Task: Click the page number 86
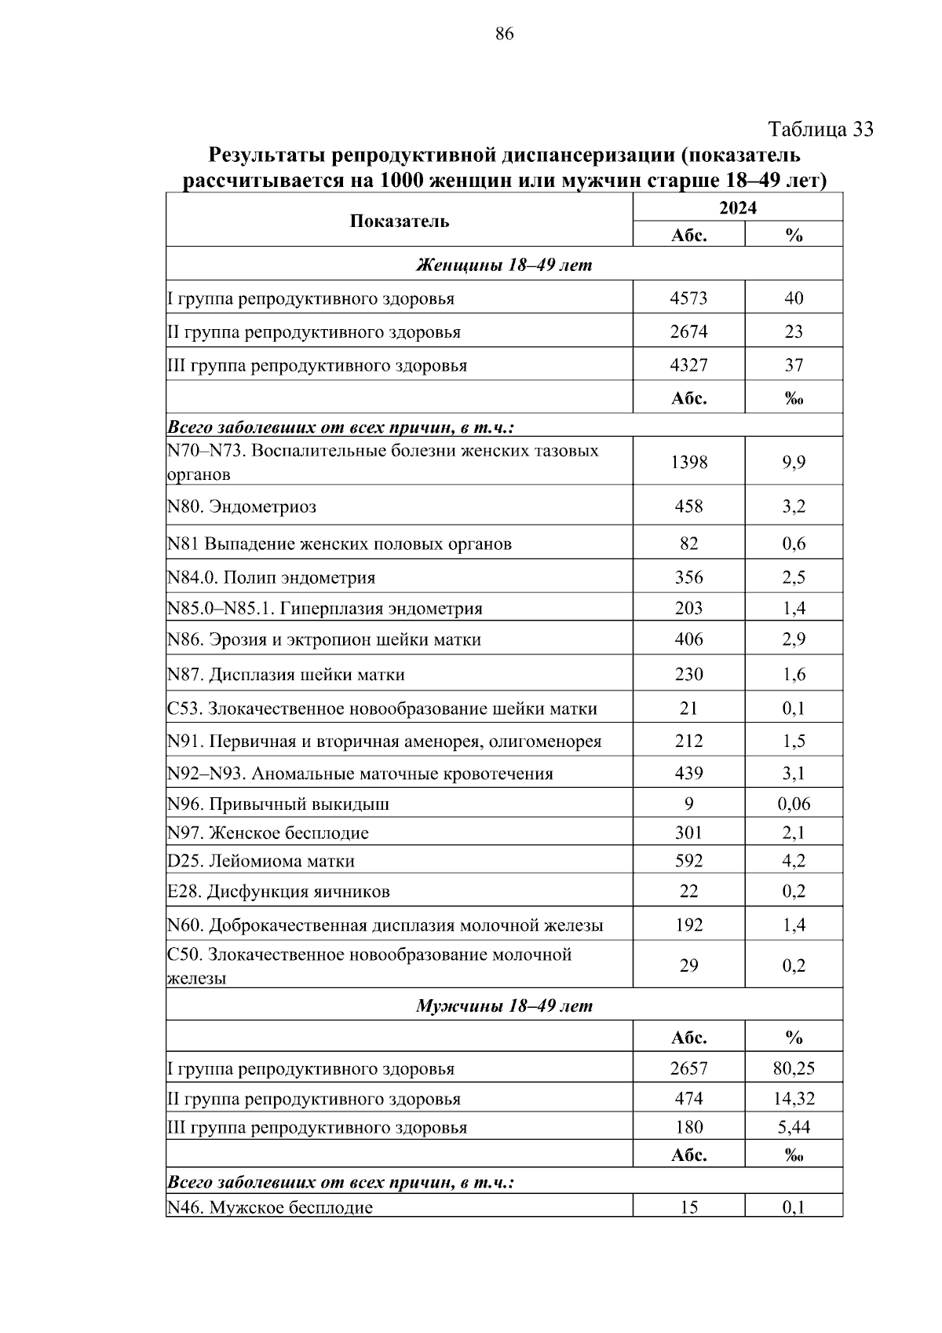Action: [505, 34]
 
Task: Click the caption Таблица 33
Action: [820, 129]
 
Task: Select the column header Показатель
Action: [400, 221]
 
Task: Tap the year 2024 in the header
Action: [738, 207]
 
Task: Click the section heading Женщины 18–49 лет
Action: [504, 265]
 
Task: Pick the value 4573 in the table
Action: [688, 298]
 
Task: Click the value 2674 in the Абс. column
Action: [688, 331]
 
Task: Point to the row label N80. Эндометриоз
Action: [242, 507]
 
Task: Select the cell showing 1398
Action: [688, 463]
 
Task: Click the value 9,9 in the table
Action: [794, 463]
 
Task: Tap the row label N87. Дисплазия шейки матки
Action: [286, 675]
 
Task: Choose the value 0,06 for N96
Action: [794, 804]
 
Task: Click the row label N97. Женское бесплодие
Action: [268, 833]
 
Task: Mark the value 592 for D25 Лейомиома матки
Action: [688, 861]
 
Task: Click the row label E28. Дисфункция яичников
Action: [279, 892]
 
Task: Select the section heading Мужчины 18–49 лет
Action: [504, 1005]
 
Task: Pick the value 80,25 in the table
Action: [794, 1068]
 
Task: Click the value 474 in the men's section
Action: [688, 1098]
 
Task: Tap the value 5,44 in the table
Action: [794, 1127]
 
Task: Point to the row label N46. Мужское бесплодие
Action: [270, 1207]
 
